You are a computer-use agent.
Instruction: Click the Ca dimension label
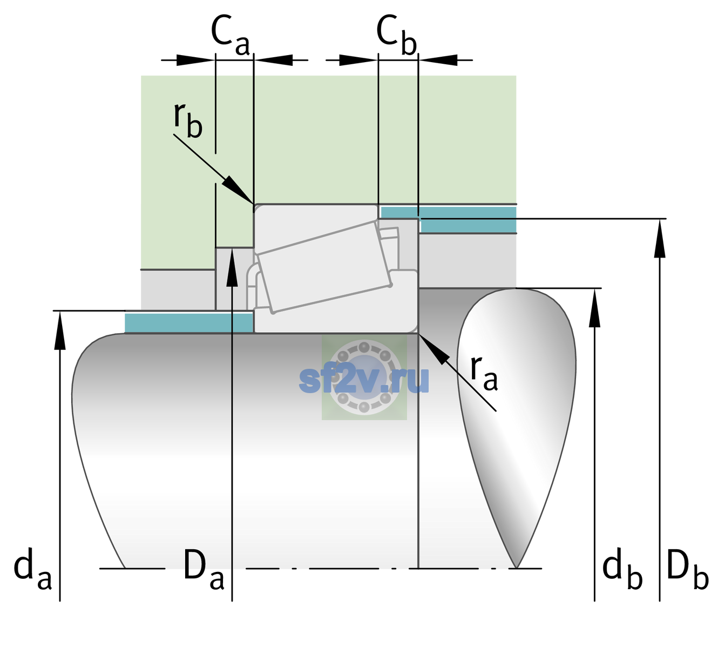[230, 35]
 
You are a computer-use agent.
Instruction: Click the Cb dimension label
[397, 35]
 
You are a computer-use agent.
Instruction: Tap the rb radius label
[188, 120]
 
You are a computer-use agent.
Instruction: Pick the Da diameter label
[204, 569]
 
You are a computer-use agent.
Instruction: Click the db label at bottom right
[622, 569]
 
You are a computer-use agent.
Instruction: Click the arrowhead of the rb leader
[239, 190]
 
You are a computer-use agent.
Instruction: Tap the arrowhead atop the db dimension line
[594, 308]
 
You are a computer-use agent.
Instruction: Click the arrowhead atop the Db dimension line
[660, 238]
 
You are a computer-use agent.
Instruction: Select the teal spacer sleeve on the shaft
[188, 322]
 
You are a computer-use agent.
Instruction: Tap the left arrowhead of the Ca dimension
[195, 60]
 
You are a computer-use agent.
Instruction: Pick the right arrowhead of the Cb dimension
[438, 60]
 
